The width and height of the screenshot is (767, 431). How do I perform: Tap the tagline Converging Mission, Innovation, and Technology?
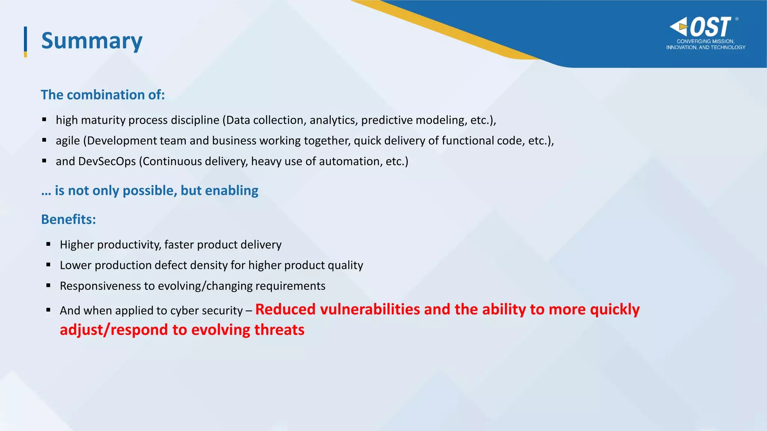click(706, 44)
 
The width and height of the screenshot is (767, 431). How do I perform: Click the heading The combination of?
click(103, 95)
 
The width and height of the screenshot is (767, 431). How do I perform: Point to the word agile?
click(68, 141)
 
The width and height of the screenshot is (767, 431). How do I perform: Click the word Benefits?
click(69, 219)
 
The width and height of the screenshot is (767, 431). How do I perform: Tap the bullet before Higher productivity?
click(48, 244)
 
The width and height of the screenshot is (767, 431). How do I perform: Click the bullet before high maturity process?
click(44, 119)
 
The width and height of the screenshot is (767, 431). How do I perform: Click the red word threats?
click(279, 330)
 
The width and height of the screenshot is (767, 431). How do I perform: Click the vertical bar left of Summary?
click(25, 41)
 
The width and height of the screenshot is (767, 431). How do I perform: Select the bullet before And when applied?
click(48, 310)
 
